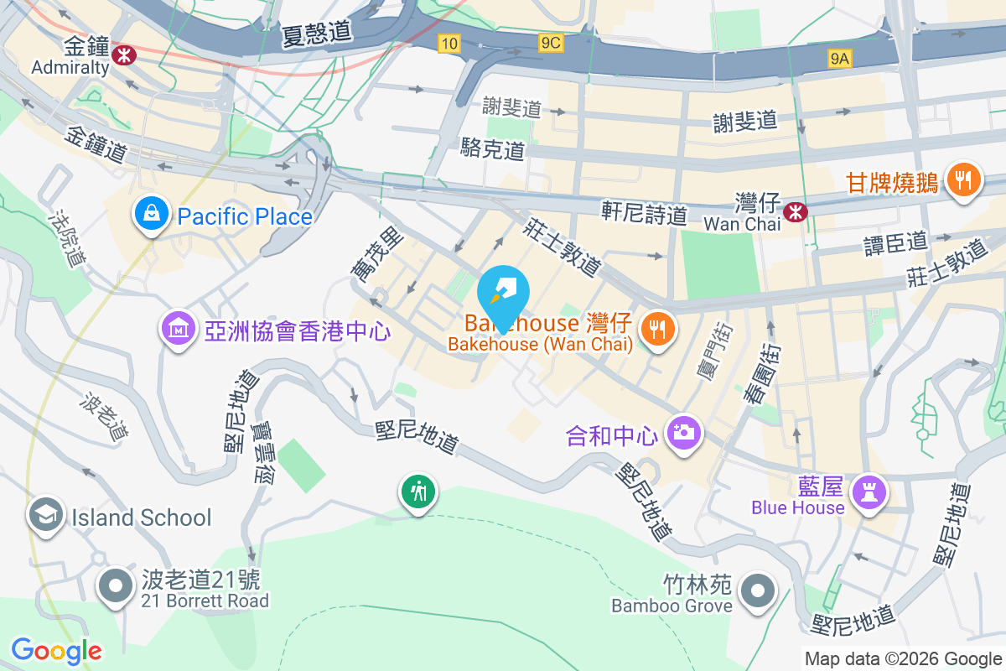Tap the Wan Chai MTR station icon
point(793,213)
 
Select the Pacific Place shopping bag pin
point(151,214)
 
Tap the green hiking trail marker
point(417,491)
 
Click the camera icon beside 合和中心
point(683,432)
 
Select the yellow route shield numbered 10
point(449,44)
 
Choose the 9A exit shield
point(839,58)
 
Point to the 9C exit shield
point(551,43)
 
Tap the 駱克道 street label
point(493,149)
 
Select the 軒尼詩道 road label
point(644,214)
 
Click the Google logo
point(56,650)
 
